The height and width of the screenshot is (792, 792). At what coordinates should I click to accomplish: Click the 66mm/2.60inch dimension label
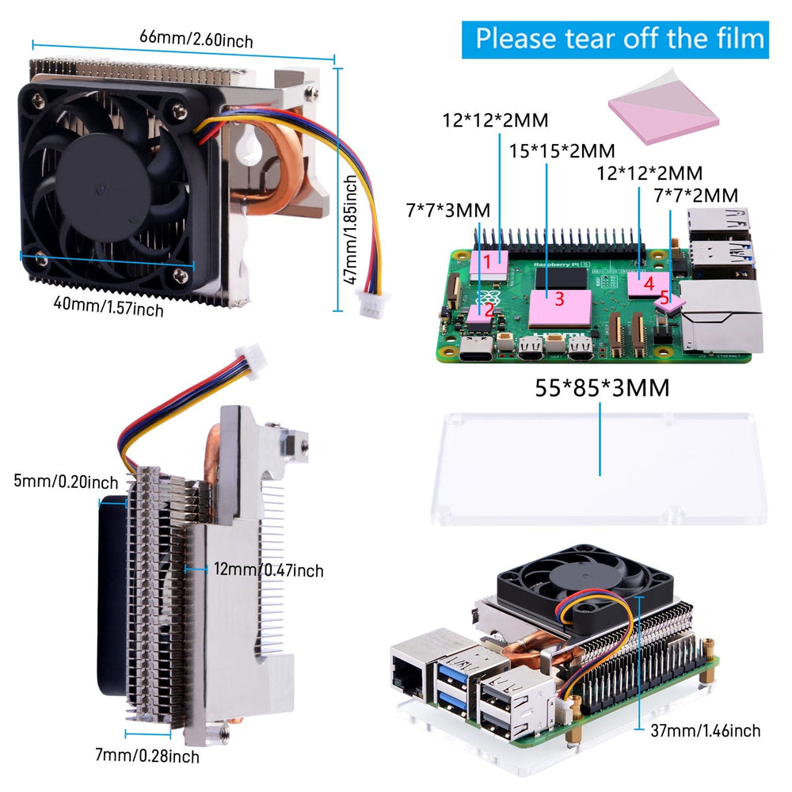tap(196, 37)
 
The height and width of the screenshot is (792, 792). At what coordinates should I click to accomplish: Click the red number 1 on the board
tap(489, 261)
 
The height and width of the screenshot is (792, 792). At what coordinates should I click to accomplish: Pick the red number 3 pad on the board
tap(559, 299)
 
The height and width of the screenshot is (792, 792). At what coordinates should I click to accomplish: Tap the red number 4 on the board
tap(649, 283)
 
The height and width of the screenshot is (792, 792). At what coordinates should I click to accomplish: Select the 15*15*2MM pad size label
tap(562, 150)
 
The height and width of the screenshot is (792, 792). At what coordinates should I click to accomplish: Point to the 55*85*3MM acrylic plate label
tap(602, 388)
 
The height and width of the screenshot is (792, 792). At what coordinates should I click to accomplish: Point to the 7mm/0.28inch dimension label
tap(147, 757)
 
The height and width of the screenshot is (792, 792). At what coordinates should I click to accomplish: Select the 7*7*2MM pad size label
tap(696, 195)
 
